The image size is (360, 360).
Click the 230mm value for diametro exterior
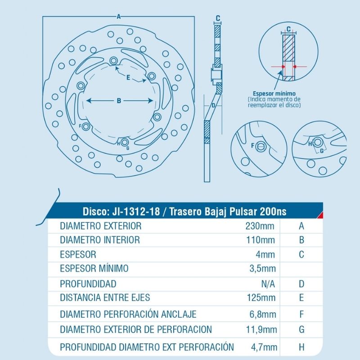264,226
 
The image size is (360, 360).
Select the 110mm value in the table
264,240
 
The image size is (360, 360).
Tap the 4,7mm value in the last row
265,347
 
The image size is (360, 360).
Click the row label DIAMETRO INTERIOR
99,240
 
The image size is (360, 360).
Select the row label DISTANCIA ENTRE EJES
105,297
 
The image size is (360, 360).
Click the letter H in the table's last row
301,347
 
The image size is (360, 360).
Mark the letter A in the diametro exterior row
301,226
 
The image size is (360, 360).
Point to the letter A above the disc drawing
118,17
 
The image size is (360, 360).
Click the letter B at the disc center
119,101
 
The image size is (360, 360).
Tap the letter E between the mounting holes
128,78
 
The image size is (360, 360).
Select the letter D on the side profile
213,105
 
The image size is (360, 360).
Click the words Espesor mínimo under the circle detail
274,93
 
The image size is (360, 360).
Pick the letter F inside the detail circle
252,146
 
